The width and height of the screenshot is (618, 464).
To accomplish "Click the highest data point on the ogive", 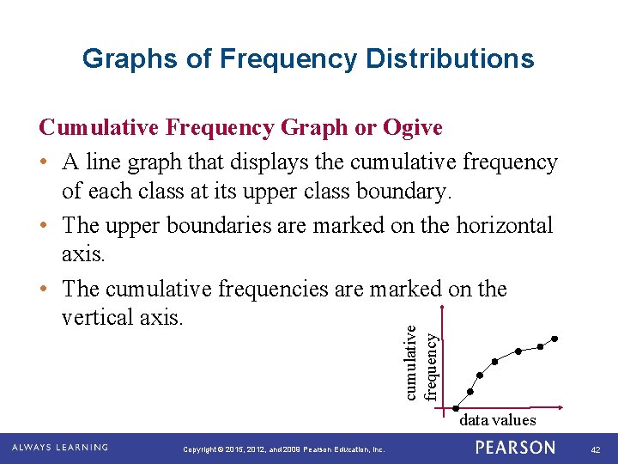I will click(x=555, y=339).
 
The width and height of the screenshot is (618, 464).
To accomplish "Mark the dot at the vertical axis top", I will click(x=440, y=308).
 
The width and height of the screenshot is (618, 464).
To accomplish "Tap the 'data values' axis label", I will click(x=497, y=420).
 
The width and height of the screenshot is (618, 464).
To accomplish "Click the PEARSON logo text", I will click(x=515, y=448).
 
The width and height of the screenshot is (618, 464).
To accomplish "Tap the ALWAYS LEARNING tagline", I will click(x=60, y=448).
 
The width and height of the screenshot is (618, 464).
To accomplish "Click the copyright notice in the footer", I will click(x=284, y=449).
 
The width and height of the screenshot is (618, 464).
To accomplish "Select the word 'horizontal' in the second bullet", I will click(x=500, y=226).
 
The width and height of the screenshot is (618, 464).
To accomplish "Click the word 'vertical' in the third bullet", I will click(x=96, y=318).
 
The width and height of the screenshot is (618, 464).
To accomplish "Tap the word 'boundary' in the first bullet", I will click(x=403, y=192).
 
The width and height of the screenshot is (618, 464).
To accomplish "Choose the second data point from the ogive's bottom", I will click(x=479, y=375).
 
